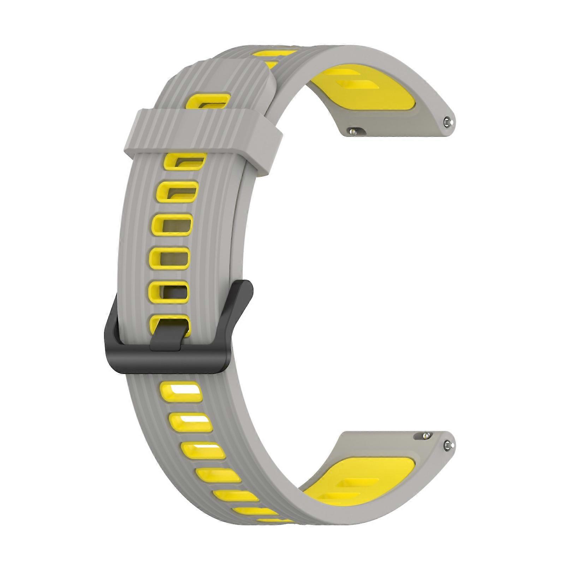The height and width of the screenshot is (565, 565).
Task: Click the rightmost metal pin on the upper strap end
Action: pyautogui.click(x=448, y=122)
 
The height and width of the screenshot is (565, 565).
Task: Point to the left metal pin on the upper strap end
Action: pyautogui.click(x=352, y=131)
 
